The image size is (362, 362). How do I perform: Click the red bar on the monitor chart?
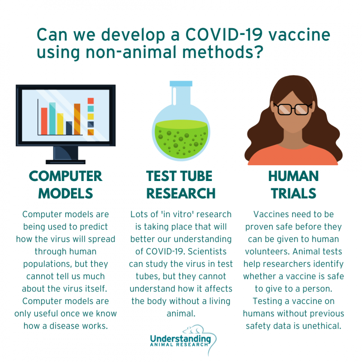pyautogui.click(x=44, y=120)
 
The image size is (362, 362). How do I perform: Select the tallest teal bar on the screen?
pyautogui.click(x=52, y=118)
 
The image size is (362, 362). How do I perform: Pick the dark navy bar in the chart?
pyautogui.click(x=69, y=128)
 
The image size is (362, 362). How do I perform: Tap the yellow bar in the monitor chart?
pyautogui.click(x=60, y=124)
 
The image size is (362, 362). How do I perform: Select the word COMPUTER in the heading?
pyautogui.click(x=66, y=176)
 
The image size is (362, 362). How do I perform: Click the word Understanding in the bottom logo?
pyautogui.click(x=180, y=338)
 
